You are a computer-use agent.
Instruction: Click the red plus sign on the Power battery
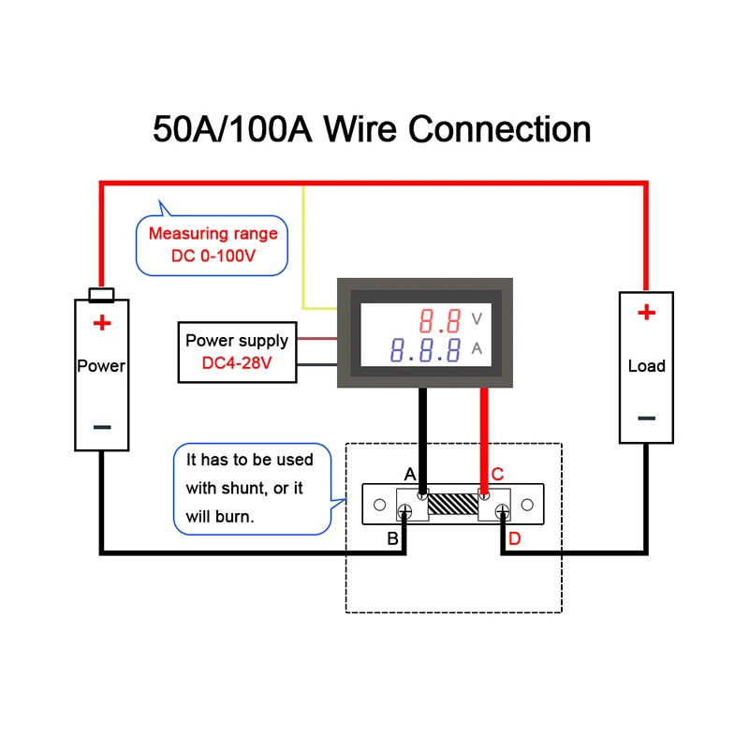tap(102, 323)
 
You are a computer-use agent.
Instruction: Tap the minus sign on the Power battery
tap(102, 427)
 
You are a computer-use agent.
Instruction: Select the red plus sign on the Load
tap(646, 313)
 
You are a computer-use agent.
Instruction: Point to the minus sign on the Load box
tap(646, 419)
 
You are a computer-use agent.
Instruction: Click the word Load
tap(646, 366)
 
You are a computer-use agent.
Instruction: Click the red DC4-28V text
tap(237, 363)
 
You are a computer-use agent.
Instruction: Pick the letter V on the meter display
tap(477, 318)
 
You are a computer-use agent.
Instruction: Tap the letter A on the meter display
tap(477, 348)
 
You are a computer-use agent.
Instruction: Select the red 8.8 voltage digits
tap(440, 320)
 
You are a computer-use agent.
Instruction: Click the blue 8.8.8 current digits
tap(426, 350)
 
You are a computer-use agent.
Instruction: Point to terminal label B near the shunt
tap(392, 539)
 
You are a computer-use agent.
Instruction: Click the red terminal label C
tap(497, 475)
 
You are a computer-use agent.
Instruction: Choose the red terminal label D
tap(514, 539)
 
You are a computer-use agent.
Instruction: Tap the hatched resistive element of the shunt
tap(453, 504)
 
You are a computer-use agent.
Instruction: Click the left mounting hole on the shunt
tap(380, 505)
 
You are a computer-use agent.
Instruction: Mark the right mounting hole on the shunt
tap(527, 505)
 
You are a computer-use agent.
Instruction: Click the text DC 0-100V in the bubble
tap(213, 256)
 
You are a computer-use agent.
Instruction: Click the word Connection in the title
tap(500, 129)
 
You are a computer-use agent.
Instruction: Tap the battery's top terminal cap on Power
tap(101, 295)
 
